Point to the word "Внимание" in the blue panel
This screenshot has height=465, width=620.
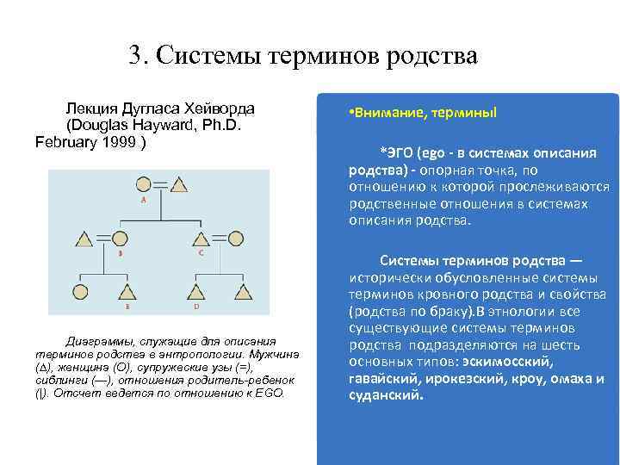(x=382, y=113)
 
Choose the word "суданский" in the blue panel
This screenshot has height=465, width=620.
(x=386, y=395)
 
